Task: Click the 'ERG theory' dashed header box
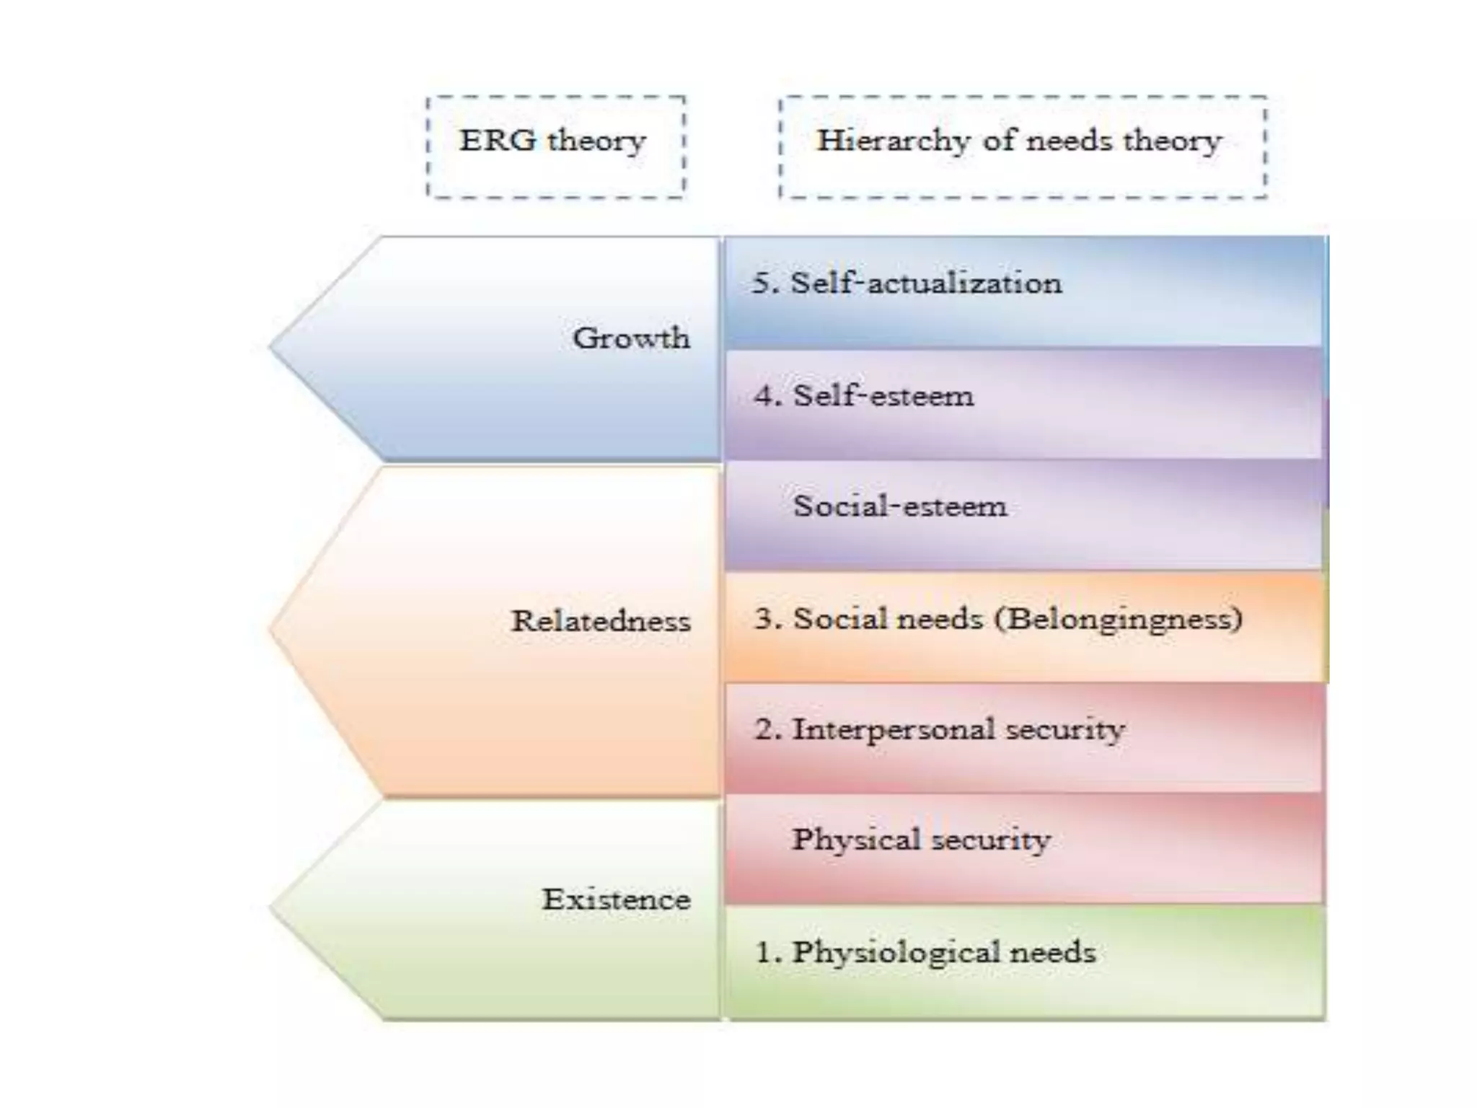[x=555, y=146]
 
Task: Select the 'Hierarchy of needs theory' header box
[x=1023, y=146]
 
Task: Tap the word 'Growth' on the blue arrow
[x=631, y=338]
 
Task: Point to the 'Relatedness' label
[x=601, y=621]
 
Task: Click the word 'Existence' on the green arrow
[x=617, y=900]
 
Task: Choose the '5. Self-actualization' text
[x=907, y=283]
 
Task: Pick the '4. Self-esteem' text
[x=864, y=396]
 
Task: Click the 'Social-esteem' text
[x=900, y=506]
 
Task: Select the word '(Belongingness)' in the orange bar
[x=1119, y=619]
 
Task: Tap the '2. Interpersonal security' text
[x=940, y=729]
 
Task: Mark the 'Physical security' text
[x=922, y=840]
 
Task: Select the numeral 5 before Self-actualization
[x=762, y=283]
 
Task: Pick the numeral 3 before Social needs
[x=764, y=619]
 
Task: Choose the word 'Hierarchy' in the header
[x=893, y=141]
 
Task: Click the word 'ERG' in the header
[x=498, y=140]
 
